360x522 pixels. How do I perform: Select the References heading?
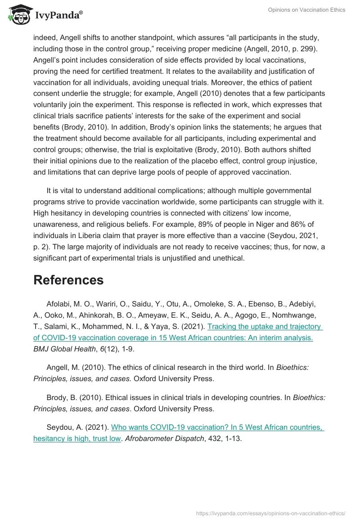pyautogui.click(x=68, y=280)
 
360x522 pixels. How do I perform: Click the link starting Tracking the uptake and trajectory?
pyautogui.click(x=265, y=327)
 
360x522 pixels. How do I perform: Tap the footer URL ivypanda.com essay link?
pyautogui.click(x=271, y=513)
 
